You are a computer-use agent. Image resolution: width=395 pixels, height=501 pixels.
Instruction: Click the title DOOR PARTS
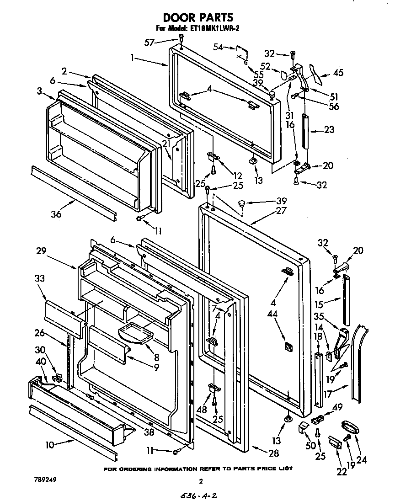198,17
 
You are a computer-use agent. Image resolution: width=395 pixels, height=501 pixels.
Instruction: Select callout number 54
219,47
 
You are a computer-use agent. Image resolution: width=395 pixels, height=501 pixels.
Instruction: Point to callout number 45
338,72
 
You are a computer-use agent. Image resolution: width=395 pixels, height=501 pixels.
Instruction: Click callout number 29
41,250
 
